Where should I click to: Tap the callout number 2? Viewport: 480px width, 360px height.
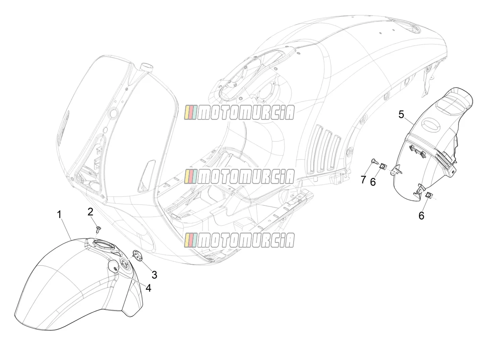click(90, 212)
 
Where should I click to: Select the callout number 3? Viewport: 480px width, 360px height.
click(155, 275)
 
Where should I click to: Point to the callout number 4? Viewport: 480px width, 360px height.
click(148, 288)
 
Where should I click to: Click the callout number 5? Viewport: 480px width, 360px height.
click(401, 115)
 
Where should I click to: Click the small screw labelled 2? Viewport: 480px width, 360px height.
click(98, 229)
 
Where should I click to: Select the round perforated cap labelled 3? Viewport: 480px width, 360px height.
click(137, 256)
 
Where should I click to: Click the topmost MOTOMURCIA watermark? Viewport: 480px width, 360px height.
click(239, 112)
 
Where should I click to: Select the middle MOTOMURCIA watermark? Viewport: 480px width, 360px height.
click(239, 176)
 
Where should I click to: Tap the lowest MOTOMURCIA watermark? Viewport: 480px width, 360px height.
click(239, 240)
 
